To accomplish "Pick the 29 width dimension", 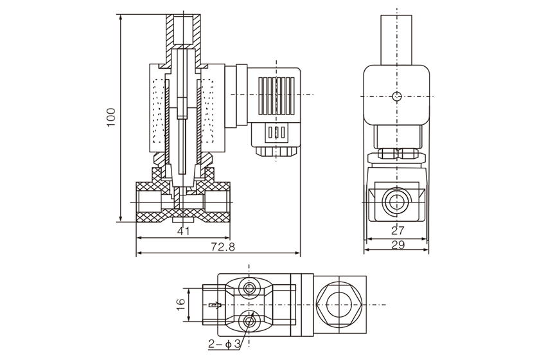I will pyautogui.click(x=396, y=245).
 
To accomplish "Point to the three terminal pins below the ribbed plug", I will pyautogui.click(x=276, y=133).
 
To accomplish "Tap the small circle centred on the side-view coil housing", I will pyautogui.click(x=396, y=97).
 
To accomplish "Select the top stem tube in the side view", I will pyautogui.click(x=396, y=39).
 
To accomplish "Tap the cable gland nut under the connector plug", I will pyautogui.click(x=276, y=152).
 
